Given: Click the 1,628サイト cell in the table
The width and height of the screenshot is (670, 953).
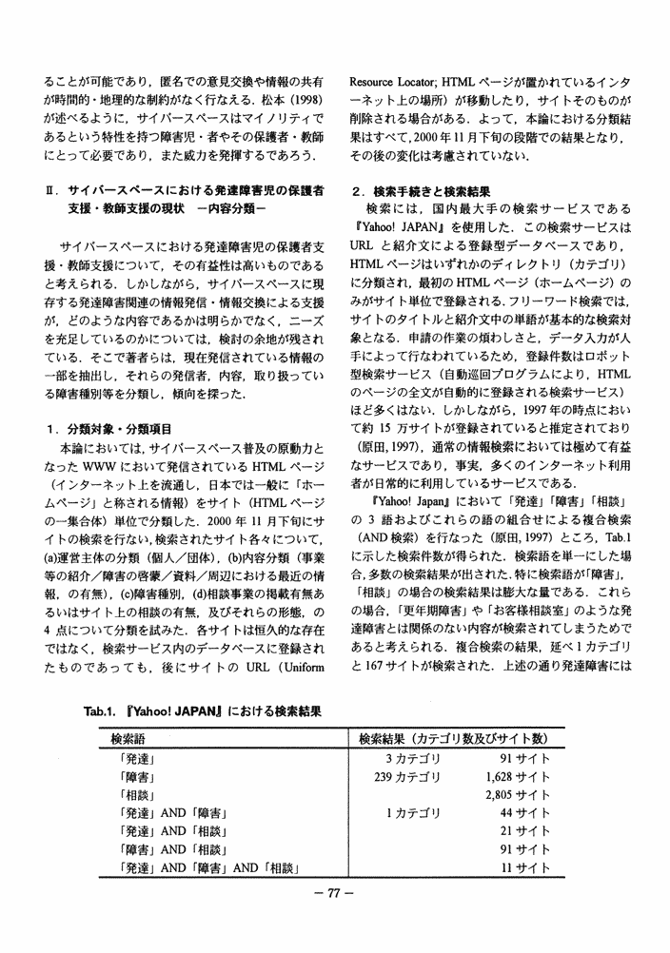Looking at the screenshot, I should pyautogui.click(x=518, y=778).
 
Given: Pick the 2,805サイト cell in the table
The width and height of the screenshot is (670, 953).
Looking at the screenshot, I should pyautogui.click(x=518, y=796).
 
